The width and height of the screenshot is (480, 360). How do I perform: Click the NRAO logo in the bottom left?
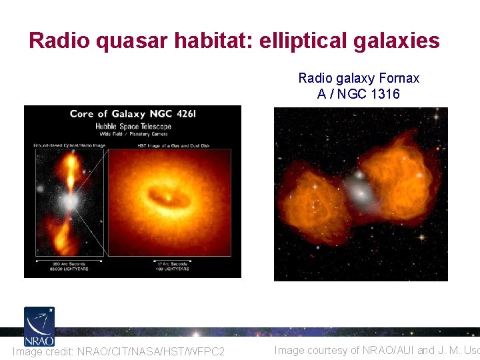coord(39,325)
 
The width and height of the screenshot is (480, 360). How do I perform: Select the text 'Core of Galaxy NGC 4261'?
coord(133,114)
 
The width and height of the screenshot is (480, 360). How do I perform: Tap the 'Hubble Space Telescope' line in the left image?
coord(133,127)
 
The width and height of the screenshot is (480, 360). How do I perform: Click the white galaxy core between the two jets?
coord(67,200)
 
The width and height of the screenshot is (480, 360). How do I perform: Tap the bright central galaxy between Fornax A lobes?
coord(361,193)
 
